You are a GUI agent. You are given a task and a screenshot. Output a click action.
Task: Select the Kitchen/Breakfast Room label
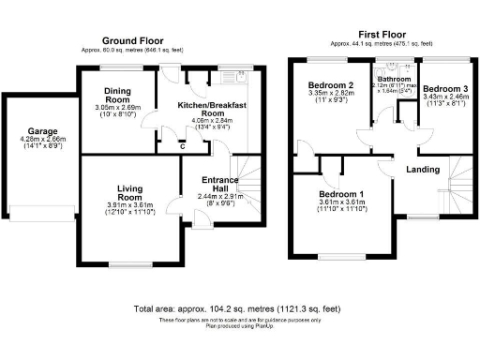point(212,111)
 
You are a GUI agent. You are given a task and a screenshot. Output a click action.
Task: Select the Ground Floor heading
point(133,41)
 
